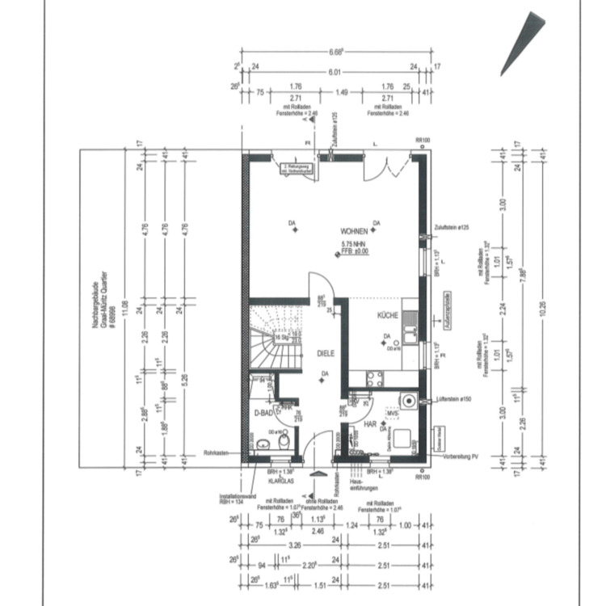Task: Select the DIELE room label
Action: [x=325, y=353]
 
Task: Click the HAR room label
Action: [x=371, y=423]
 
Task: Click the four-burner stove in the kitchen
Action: [x=375, y=377]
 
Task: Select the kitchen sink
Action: [x=410, y=332]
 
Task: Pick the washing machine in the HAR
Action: [x=410, y=401]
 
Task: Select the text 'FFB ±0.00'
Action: [x=354, y=251]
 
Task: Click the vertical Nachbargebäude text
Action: [x=100, y=306]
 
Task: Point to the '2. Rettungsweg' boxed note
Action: [x=295, y=168]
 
